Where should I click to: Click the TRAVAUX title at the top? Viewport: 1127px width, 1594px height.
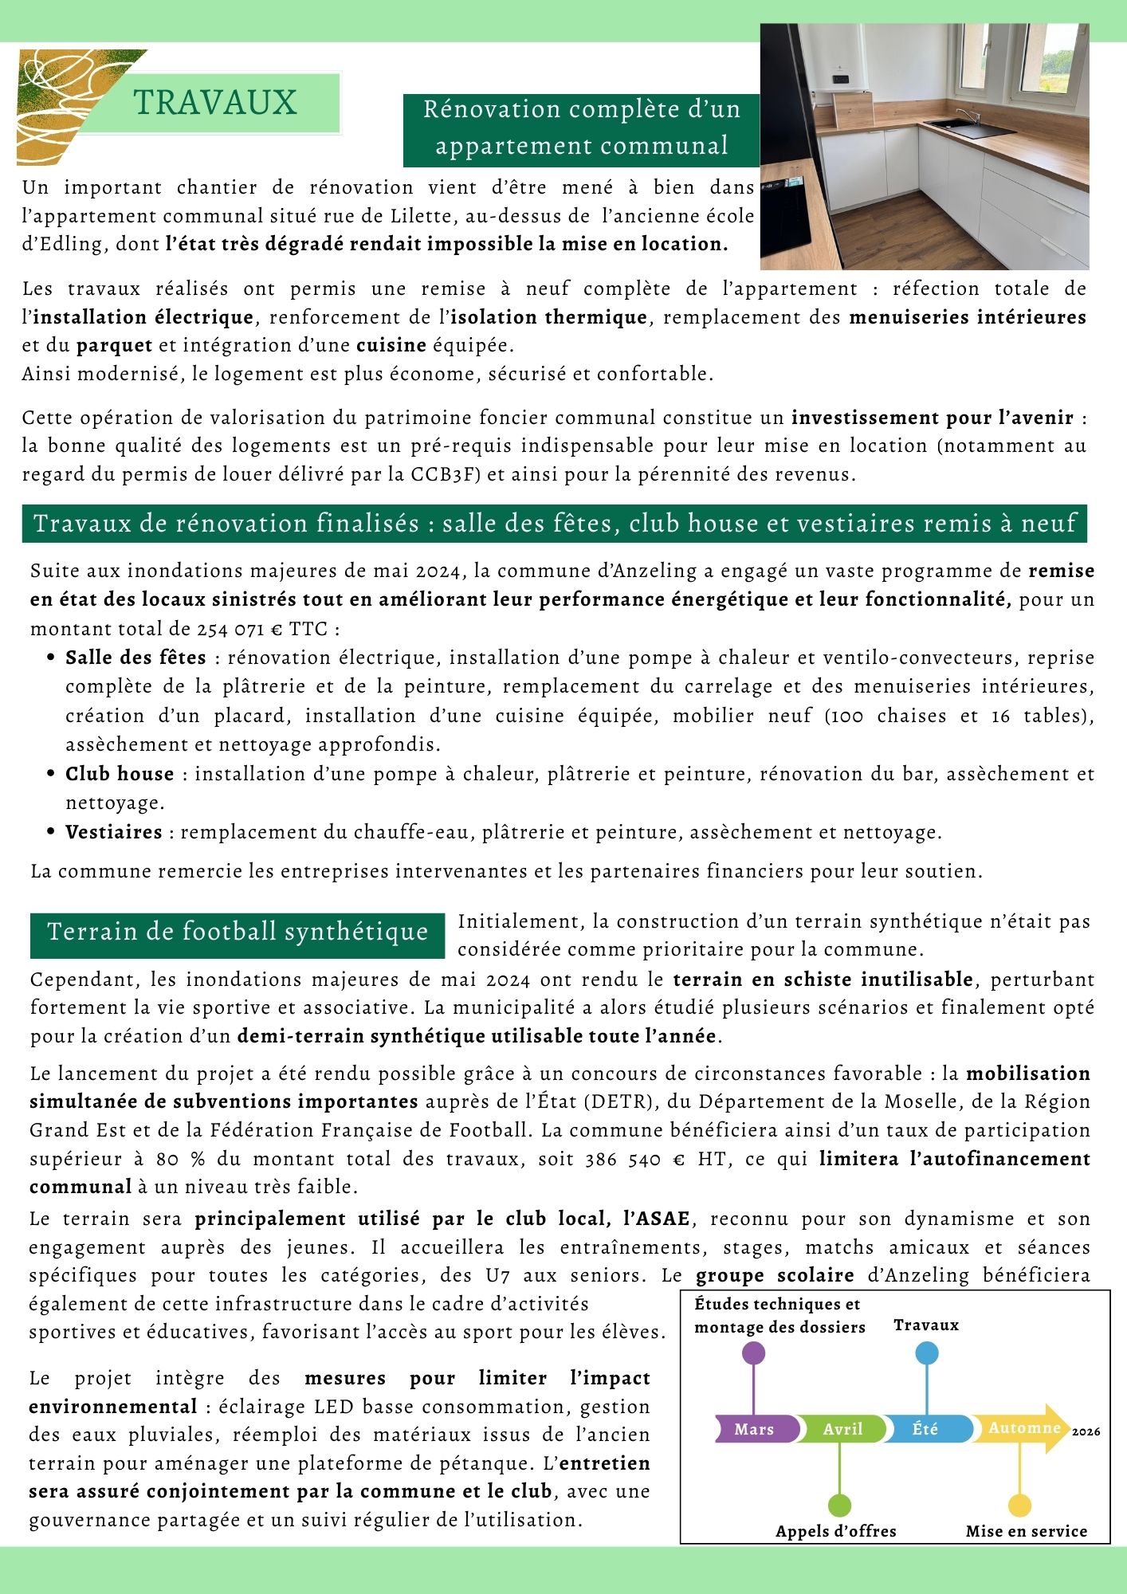click(214, 103)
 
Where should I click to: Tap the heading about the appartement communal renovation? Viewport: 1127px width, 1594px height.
click(581, 128)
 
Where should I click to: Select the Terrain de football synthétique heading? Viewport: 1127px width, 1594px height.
click(238, 932)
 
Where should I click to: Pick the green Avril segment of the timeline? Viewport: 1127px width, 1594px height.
click(842, 1429)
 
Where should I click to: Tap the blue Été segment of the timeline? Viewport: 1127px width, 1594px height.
click(926, 1429)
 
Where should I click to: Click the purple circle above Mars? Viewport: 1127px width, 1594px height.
click(753, 1353)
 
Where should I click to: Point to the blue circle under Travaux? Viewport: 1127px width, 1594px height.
click(927, 1353)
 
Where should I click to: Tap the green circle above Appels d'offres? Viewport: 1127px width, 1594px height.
click(839, 1506)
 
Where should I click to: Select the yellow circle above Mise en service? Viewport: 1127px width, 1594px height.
click(1019, 1506)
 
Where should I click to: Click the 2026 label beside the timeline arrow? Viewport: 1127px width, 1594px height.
click(1086, 1431)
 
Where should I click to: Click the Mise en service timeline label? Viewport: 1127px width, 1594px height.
click(1027, 1531)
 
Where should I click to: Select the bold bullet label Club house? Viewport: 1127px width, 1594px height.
click(120, 774)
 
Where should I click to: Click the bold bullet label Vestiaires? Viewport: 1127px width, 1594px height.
click(114, 832)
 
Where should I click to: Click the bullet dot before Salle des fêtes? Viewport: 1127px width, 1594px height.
click(51, 658)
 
